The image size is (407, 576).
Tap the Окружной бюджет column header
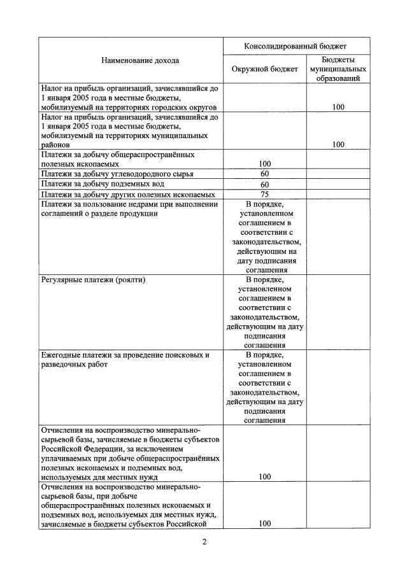pyautogui.click(x=265, y=69)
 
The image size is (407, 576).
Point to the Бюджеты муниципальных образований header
pyautogui.click(x=337, y=68)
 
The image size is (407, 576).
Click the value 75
pyautogui.click(x=265, y=194)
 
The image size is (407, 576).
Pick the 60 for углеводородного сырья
pyautogui.click(x=265, y=174)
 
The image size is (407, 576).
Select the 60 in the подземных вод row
pyautogui.click(x=265, y=185)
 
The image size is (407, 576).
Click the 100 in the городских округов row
pyautogui.click(x=338, y=107)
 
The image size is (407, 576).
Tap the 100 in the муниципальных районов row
pyautogui.click(x=338, y=144)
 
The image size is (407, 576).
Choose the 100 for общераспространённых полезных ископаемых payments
pyautogui.click(x=265, y=164)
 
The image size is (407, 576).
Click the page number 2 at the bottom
pyautogui.click(x=204, y=542)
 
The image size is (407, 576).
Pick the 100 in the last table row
pyautogui.click(x=265, y=524)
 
